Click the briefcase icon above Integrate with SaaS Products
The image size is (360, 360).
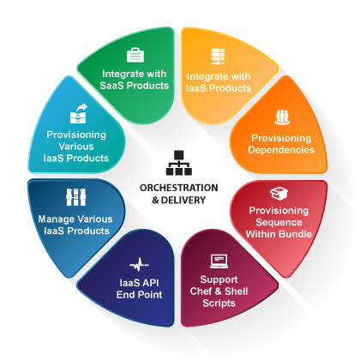tap(135, 55)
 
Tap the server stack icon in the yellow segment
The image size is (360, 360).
tap(218, 57)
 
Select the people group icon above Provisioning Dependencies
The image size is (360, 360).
tap(282, 117)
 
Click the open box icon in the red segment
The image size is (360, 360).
tap(279, 194)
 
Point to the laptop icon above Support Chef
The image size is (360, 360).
tap(219, 261)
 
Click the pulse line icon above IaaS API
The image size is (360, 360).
tap(139, 265)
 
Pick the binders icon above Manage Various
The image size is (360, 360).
tap(76, 197)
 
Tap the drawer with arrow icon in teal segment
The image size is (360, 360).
tap(79, 113)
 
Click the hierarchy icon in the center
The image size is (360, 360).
tap(179, 163)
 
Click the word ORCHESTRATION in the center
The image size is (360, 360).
tap(179, 188)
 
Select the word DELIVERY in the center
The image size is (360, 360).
tap(183, 200)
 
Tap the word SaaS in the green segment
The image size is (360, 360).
tap(112, 86)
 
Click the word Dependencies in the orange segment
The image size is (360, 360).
tap(281, 150)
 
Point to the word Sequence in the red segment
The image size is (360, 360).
tap(279, 222)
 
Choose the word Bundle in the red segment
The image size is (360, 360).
tap(295, 234)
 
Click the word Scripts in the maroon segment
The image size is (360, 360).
tap(219, 303)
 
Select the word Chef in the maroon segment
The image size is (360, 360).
tap(201, 291)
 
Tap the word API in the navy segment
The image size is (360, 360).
tap(150, 283)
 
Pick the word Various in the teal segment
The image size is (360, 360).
tap(76, 147)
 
